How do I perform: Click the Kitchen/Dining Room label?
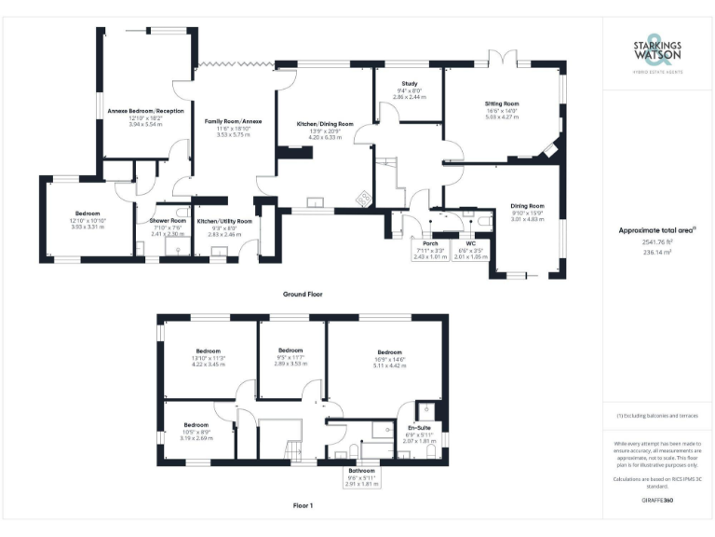[325, 124]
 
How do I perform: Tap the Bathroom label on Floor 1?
[362, 471]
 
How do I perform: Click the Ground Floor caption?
[302, 294]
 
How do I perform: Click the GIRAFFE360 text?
[658, 502]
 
